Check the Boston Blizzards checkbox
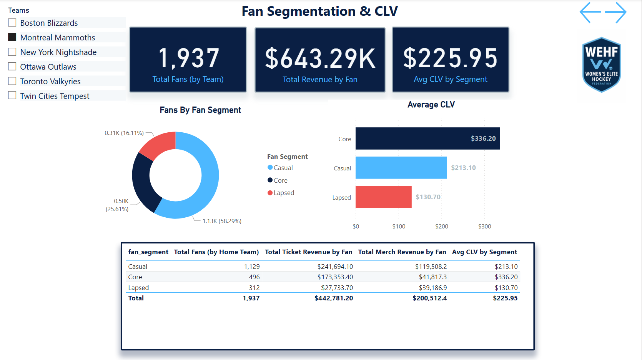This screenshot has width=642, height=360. click(12, 23)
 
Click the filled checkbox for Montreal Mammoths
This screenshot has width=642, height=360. click(12, 37)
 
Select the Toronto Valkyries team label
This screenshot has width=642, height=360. click(50, 82)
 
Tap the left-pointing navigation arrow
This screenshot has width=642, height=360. click(590, 12)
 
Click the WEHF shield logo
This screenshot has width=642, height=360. click(602, 65)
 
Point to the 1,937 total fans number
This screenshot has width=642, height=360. click(188, 58)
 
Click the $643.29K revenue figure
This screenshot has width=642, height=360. click(320, 59)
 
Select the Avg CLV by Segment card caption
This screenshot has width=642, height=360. click(450, 79)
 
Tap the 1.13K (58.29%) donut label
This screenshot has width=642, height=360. click(222, 221)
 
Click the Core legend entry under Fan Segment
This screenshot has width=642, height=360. click(280, 180)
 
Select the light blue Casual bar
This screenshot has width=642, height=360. click(401, 168)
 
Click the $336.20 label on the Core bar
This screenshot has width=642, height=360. click(483, 138)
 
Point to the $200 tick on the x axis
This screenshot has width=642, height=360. click(441, 227)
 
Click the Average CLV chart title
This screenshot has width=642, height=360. click(431, 105)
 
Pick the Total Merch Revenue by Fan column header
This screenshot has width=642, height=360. click(402, 252)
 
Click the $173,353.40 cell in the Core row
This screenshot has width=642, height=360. click(335, 277)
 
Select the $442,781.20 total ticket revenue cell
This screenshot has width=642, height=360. click(333, 298)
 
